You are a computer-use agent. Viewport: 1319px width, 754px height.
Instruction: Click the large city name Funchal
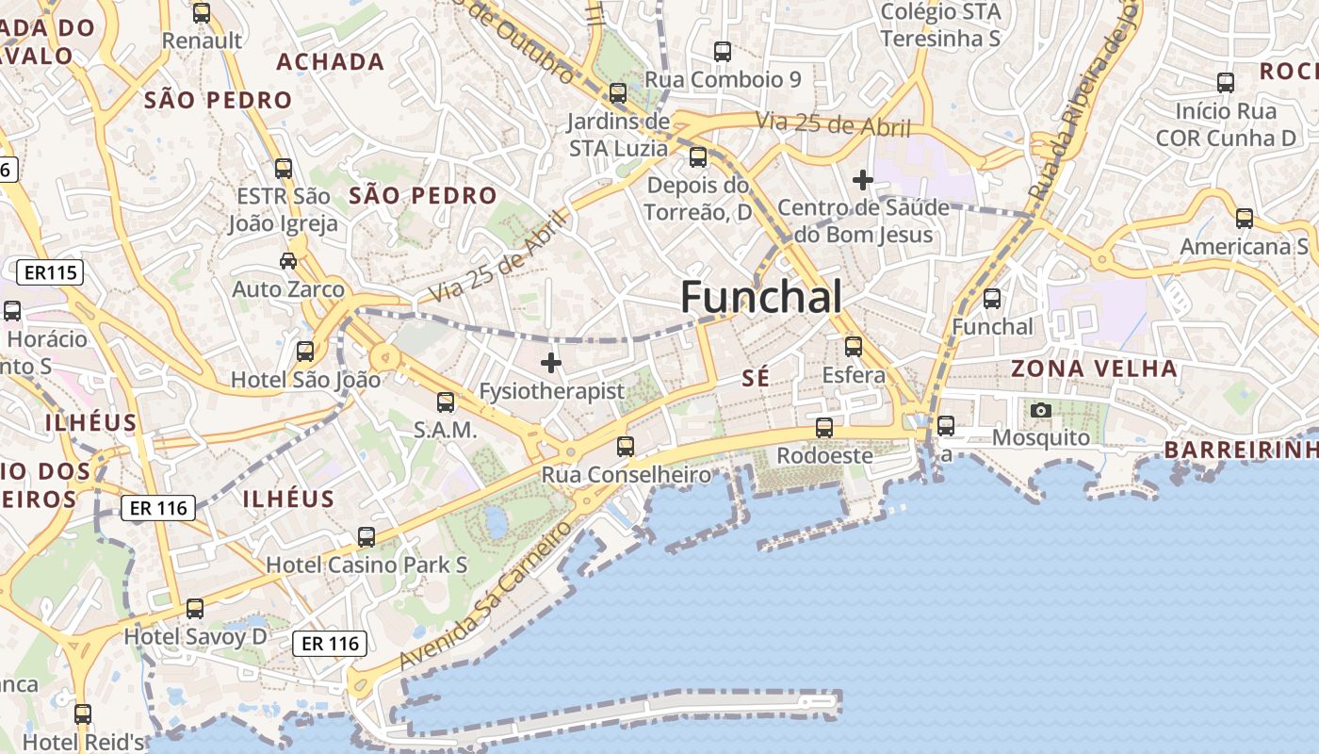pos(760,298)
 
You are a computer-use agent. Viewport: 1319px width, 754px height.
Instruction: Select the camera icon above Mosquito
pos(1041,410)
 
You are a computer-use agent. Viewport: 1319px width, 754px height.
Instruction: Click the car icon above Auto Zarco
pos(288,260)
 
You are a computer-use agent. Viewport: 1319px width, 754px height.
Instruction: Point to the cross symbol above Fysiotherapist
pos(551,362)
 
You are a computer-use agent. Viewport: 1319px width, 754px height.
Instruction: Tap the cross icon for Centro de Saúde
pos(862,179)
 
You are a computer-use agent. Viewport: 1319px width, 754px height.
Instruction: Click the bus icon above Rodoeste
pos(824,427)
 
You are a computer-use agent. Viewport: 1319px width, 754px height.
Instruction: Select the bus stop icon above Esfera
pos(854,346)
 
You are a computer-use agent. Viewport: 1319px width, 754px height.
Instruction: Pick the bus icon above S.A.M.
pos(446,402)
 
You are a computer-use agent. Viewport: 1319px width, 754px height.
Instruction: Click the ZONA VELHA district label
pos(1094,369)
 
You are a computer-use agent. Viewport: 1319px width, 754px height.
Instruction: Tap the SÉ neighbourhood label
pos(756,378)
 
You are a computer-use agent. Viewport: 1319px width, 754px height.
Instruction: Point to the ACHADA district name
pos(330,62)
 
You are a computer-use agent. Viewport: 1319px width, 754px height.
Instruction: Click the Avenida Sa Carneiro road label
pos(486,595)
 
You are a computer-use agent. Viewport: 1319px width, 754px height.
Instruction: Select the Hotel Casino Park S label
pos(366,565)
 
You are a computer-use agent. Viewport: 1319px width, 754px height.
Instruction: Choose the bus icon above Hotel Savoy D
pos(195,608)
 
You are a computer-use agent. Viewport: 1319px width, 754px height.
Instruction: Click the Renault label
pos(202,41)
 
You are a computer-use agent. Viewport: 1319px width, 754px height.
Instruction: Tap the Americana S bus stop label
pos(1244,246)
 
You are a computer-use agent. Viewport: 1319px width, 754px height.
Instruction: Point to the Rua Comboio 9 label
pos(723,79)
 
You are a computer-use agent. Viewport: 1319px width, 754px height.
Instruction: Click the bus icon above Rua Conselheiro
pos(626,446)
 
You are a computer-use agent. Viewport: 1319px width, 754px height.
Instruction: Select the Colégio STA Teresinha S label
pos(940,25)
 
